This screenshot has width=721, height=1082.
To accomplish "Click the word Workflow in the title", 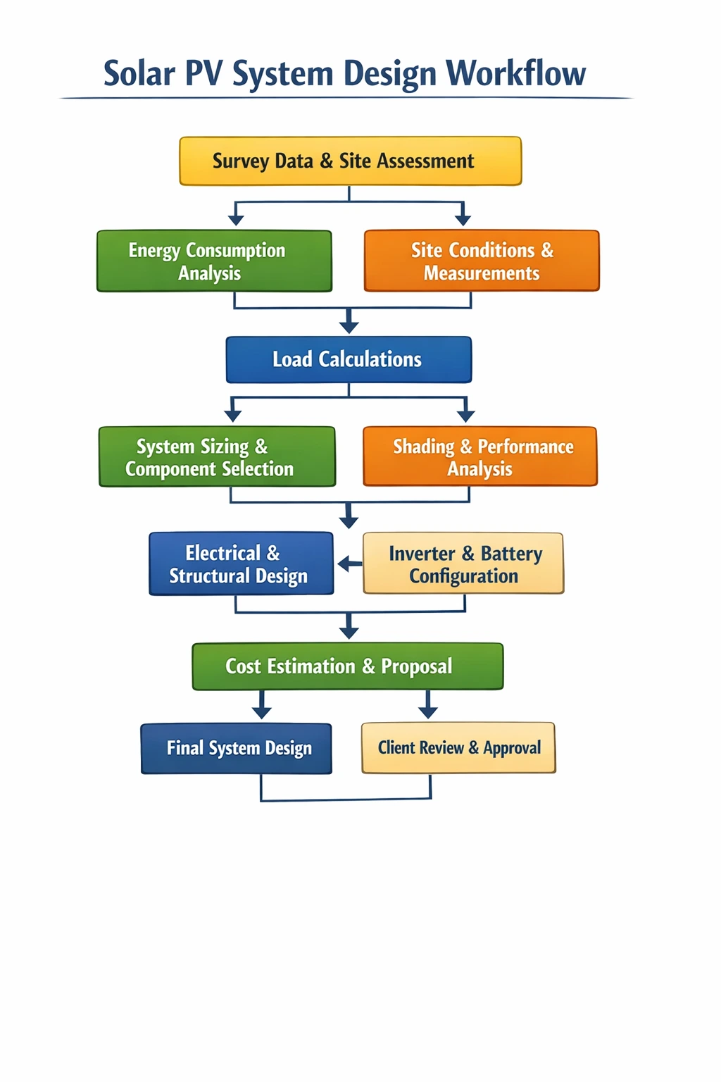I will coord(515,73).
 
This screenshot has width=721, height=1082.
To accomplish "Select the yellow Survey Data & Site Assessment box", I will coord(350,161).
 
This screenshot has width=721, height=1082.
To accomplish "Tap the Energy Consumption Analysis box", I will coord(214,261).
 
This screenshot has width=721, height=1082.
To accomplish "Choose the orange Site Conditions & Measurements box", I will coord(482,261).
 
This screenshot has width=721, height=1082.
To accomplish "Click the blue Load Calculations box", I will coord(349,359).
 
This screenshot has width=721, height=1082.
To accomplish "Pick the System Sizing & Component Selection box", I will coord(217,457).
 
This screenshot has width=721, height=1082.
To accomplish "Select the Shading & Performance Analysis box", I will coord(480,457).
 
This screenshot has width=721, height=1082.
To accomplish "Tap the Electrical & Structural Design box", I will coord(241,564).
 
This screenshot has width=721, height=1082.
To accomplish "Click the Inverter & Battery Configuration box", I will coord(463,564).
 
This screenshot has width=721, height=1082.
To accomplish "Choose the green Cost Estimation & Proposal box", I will coord(348,666).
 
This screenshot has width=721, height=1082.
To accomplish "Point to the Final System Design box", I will coord(237,748).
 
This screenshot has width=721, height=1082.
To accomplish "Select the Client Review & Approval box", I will coord(458,747).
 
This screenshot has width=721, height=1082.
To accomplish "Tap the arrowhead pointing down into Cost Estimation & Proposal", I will coord(349,631).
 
